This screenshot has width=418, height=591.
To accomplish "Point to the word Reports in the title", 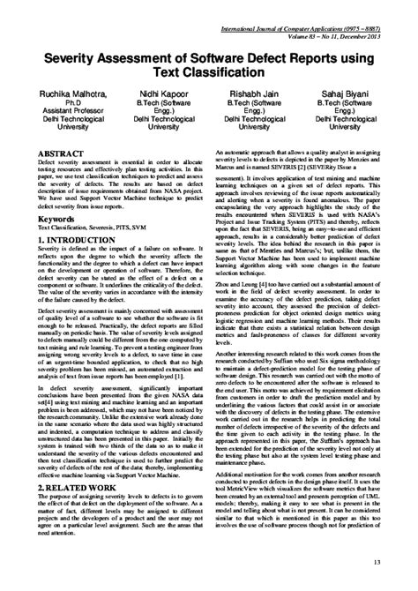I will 332,55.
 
